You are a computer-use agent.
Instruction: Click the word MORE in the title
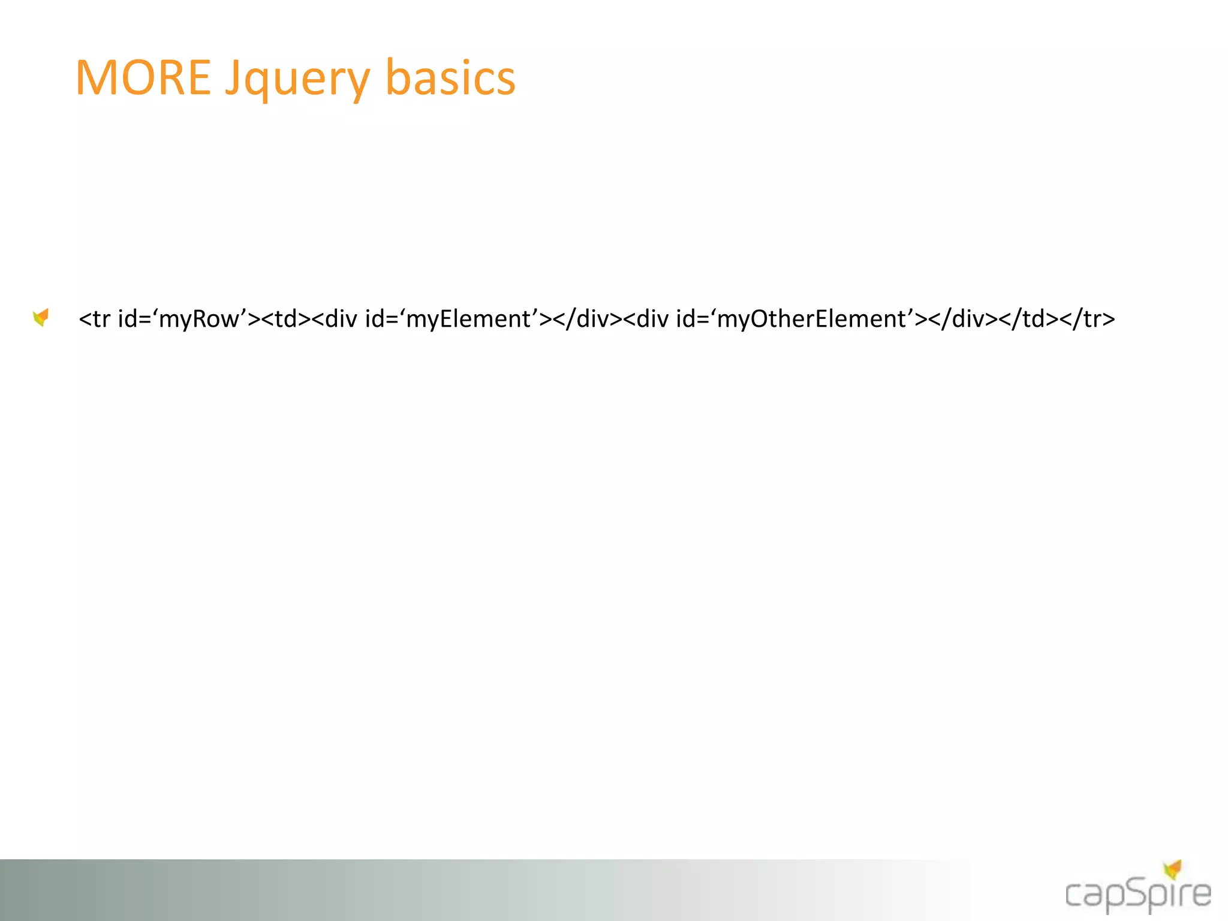point(143,78)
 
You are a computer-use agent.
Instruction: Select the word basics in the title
point(450,78)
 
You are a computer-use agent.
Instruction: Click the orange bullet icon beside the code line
point(41,317)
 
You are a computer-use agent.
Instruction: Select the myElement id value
point(468,319)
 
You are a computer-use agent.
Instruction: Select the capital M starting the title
point(98,78)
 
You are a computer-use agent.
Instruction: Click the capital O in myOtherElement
point(760,319)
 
